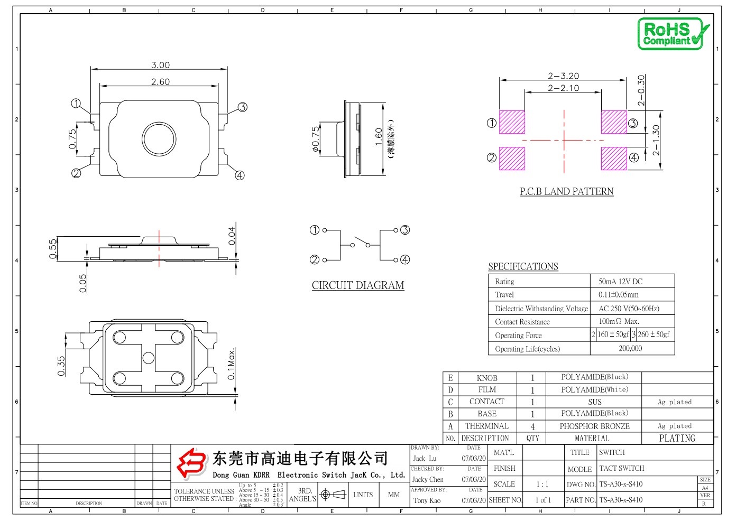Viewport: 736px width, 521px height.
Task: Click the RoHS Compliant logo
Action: point(672,34)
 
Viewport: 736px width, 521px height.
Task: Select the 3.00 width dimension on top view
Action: point(160,65)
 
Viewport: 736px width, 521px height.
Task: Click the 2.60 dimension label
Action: point(160,82)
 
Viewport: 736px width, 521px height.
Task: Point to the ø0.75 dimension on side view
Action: point(316,139)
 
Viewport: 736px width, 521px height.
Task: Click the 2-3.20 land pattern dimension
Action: point(563,76)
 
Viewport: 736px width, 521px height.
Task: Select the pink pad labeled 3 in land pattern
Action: point(613,122)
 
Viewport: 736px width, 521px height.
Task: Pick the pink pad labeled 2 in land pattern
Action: point(512,158)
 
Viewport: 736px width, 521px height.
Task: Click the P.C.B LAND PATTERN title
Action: point(566,191)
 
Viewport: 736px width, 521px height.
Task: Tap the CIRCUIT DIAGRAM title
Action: point(358,285)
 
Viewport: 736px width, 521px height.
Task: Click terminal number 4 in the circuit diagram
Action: point(405,259)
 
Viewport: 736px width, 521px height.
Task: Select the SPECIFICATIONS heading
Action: point(523,266)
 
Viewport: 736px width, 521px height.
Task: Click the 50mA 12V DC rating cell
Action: point(620,282)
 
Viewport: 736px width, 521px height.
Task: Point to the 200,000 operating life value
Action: point(630,349)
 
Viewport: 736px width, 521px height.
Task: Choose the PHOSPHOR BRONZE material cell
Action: point(594,426)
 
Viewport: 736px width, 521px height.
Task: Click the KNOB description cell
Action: point(487,378)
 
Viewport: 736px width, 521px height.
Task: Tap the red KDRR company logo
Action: point(191,463)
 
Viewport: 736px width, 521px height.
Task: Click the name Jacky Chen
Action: point(428,480)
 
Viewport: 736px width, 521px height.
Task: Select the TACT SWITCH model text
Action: point(621,468)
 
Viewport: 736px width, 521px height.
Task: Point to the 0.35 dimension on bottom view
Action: point(61,366)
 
